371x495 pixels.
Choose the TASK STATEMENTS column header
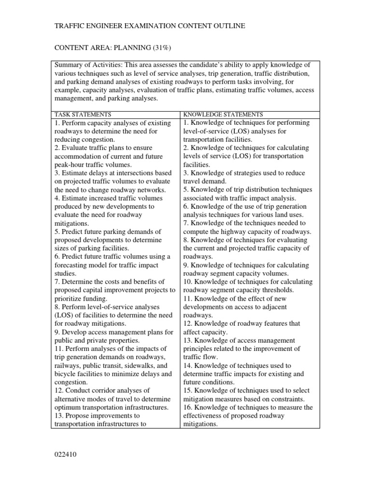coord(83,115)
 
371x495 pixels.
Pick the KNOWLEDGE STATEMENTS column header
coord(223,115)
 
